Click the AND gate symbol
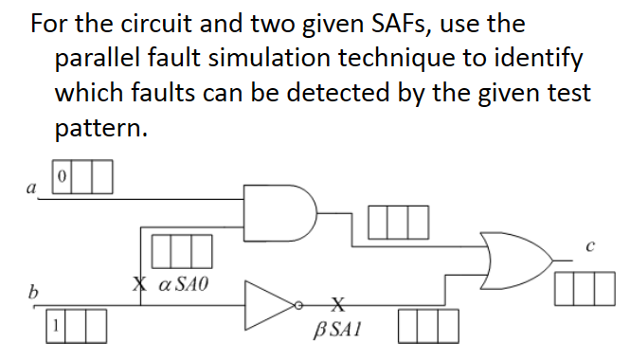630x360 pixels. tap(280, 210)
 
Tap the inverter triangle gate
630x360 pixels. tap(270, 304)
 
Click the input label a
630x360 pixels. tap(31, 189)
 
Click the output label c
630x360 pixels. tap(588, 247)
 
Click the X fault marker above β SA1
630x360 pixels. tap(336, 304)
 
